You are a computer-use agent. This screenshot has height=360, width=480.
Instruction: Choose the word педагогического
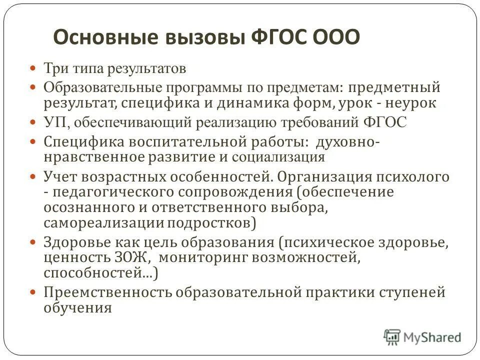(108, 192)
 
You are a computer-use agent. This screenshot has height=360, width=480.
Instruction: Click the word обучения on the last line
(77, 307)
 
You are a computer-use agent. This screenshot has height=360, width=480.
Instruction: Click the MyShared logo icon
(392, 337)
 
